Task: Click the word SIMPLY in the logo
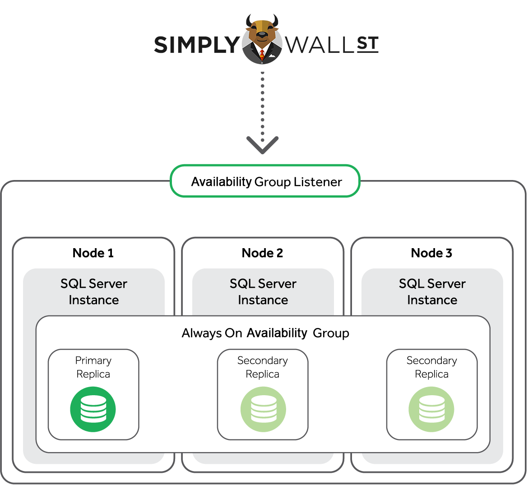click(x=197, y=45)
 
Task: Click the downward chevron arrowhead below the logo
click(x=263, y=145)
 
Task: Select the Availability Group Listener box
click(x=265, y=181)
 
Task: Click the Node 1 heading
click(x=93, y=253)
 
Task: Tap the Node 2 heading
click(x=262, y=253)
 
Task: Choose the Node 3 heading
click(x=431, y=253)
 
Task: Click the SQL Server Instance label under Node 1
click(x=94, y=292)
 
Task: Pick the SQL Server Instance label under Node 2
click(x=263, y=292)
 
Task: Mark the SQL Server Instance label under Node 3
click(x=432, y=292)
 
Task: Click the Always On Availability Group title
click(x=265, y=333)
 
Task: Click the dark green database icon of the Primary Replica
click(x=93, y=409)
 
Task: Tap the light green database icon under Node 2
click(x=263, y=409)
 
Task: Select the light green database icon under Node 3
click(x=431, y=409)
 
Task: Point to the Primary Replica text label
click(x=93, y=367)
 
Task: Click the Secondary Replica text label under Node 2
click(x=263, y=367)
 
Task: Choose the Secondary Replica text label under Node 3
click(x=432, y=367)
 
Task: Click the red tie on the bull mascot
click(x=262, y=55)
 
